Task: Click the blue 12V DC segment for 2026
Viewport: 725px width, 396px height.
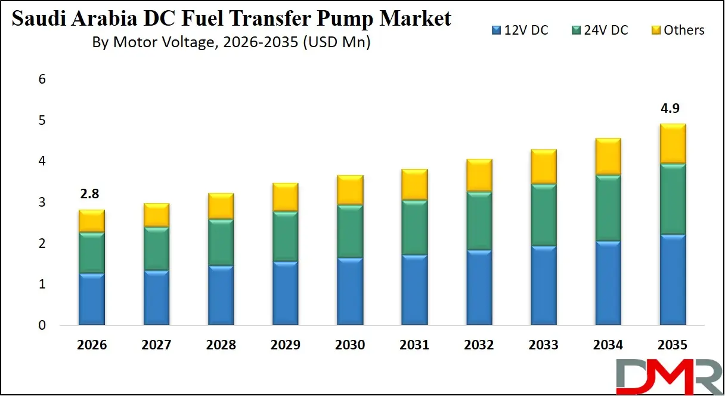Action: (91, 299)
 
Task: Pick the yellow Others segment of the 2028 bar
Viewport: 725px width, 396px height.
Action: (221, 206)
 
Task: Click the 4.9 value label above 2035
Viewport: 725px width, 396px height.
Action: (671, 109)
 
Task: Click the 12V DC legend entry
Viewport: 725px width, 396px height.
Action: (520, 30)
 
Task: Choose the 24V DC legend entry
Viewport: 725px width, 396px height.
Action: (599, 30)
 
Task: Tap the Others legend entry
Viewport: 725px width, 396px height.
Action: (677, 30)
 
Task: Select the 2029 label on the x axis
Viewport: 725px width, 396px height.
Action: (285, 345)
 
